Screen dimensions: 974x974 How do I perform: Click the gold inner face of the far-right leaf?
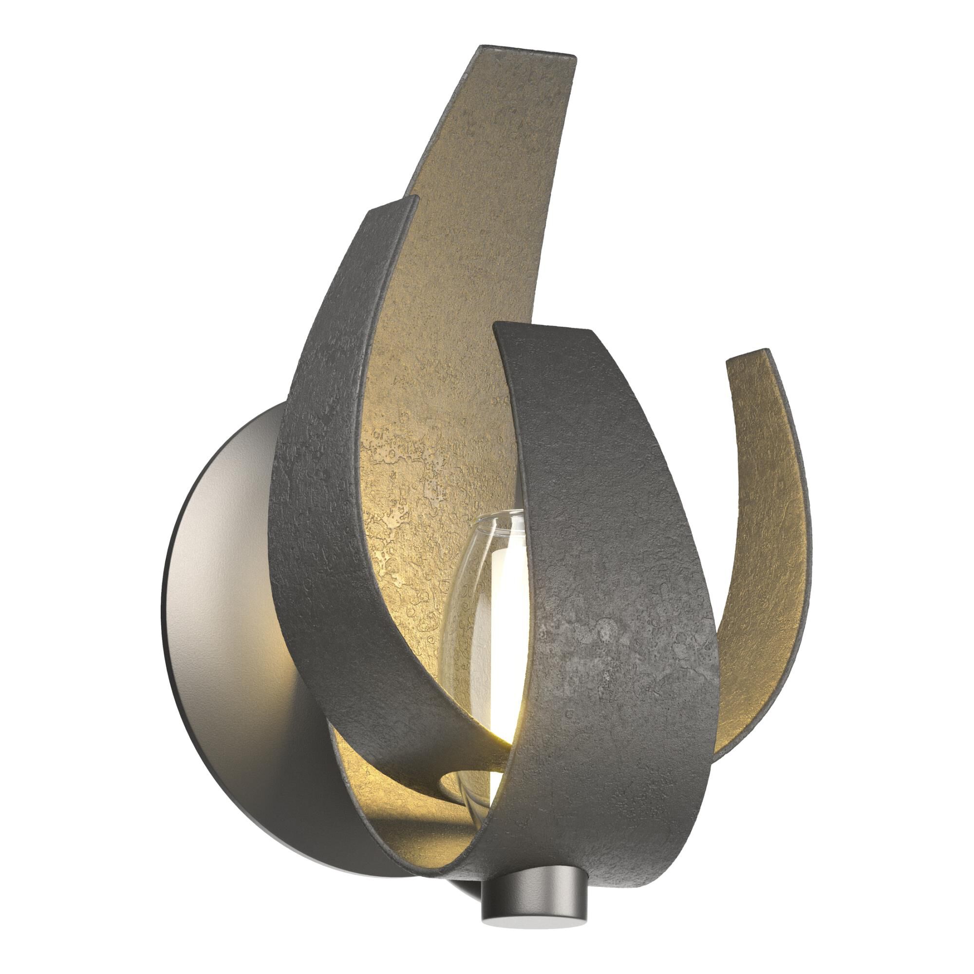(766, 529)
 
